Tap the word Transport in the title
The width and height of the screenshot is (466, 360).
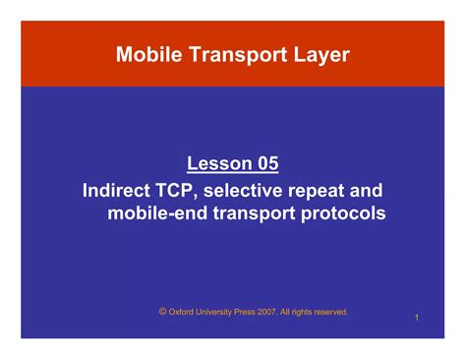pyautogui.click(x=233, y=55)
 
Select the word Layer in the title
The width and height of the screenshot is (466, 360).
pyautogui.click(x=319, y=55)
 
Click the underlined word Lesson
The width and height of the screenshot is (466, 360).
pyautogui.click(x=214, y=162)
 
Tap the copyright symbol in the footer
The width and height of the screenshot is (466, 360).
pyautogui.click(x=162, y=311)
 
